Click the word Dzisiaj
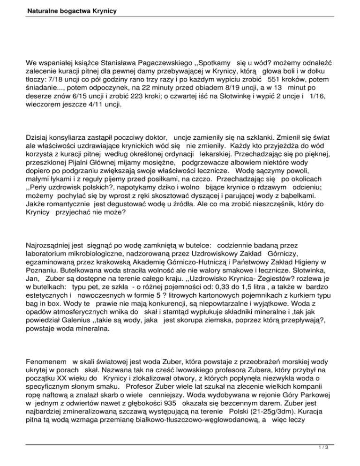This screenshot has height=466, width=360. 39,139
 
